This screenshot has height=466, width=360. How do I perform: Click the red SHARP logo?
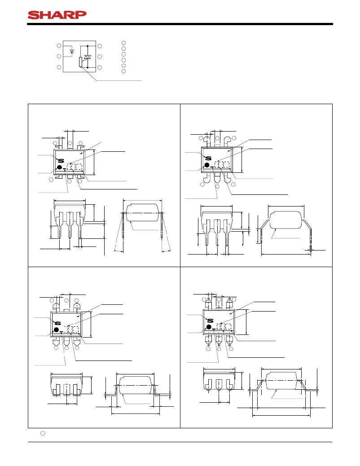click(57, 15)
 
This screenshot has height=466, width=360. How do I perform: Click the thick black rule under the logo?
click(180, 24)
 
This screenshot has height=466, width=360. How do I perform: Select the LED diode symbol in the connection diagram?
click(72, 52)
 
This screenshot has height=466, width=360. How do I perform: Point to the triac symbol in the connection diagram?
click(87, 57)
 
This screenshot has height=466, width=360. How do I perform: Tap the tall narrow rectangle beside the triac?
click(80, 62)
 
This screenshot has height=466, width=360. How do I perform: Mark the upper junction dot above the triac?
click(88, 46)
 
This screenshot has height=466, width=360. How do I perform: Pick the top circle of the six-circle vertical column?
click(124, 43)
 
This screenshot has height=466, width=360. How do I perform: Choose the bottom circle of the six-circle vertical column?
click(124, 71)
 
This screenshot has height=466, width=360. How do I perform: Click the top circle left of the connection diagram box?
click(59, 45)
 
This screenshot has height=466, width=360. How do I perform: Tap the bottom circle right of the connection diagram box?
click(100, 67)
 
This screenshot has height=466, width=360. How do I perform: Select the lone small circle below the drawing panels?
click(43, 433)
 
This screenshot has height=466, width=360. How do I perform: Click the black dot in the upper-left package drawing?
click(60, 167)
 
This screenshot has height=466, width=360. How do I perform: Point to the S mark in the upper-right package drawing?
click(208, 158)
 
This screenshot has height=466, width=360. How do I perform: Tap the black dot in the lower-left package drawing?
click(56, 330)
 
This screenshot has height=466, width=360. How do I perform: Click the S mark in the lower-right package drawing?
click(210, 321)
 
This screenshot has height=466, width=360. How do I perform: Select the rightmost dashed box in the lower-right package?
click(228, 327)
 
